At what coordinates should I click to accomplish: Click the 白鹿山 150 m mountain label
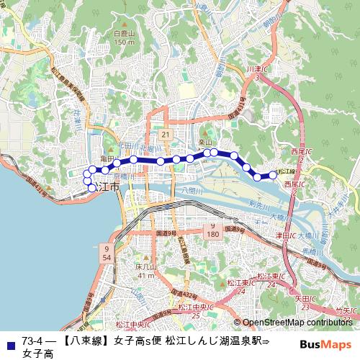124,37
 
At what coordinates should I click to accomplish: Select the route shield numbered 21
165,135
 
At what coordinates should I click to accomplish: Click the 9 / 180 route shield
213,230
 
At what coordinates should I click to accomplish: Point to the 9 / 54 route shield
107,252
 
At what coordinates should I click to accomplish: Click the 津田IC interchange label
282,235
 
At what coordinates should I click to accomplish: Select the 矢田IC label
302,297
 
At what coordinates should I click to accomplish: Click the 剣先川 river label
257,206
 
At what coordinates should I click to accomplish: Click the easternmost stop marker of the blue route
274,175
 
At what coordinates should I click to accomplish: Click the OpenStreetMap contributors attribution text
296,323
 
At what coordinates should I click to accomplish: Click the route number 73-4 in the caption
33,340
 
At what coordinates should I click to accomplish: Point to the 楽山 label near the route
205,143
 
